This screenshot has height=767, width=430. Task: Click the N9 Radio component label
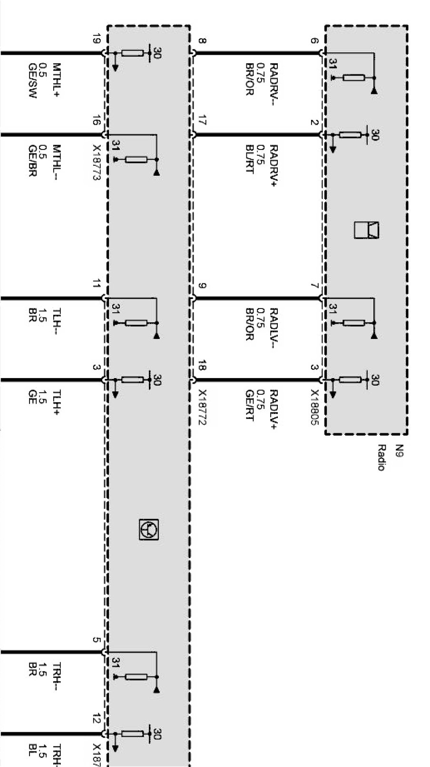pos(390,458)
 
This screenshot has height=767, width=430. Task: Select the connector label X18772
pos(202,408)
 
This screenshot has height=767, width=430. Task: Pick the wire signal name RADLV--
pos(274,328)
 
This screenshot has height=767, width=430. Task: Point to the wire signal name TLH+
pos(57,403)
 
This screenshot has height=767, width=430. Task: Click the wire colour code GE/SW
pos(32,81)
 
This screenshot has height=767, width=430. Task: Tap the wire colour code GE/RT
pos(249,406)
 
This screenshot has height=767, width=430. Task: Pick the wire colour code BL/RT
pos(249,159)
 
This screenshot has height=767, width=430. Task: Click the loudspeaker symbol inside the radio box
pos(366,230)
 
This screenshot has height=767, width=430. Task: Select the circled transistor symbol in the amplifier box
pos(148,529)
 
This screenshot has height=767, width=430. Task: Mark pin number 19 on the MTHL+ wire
pos(97,39)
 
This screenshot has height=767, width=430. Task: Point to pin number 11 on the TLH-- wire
pos(97,285)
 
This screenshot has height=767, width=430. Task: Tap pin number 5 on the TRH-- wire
pos(97,639)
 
